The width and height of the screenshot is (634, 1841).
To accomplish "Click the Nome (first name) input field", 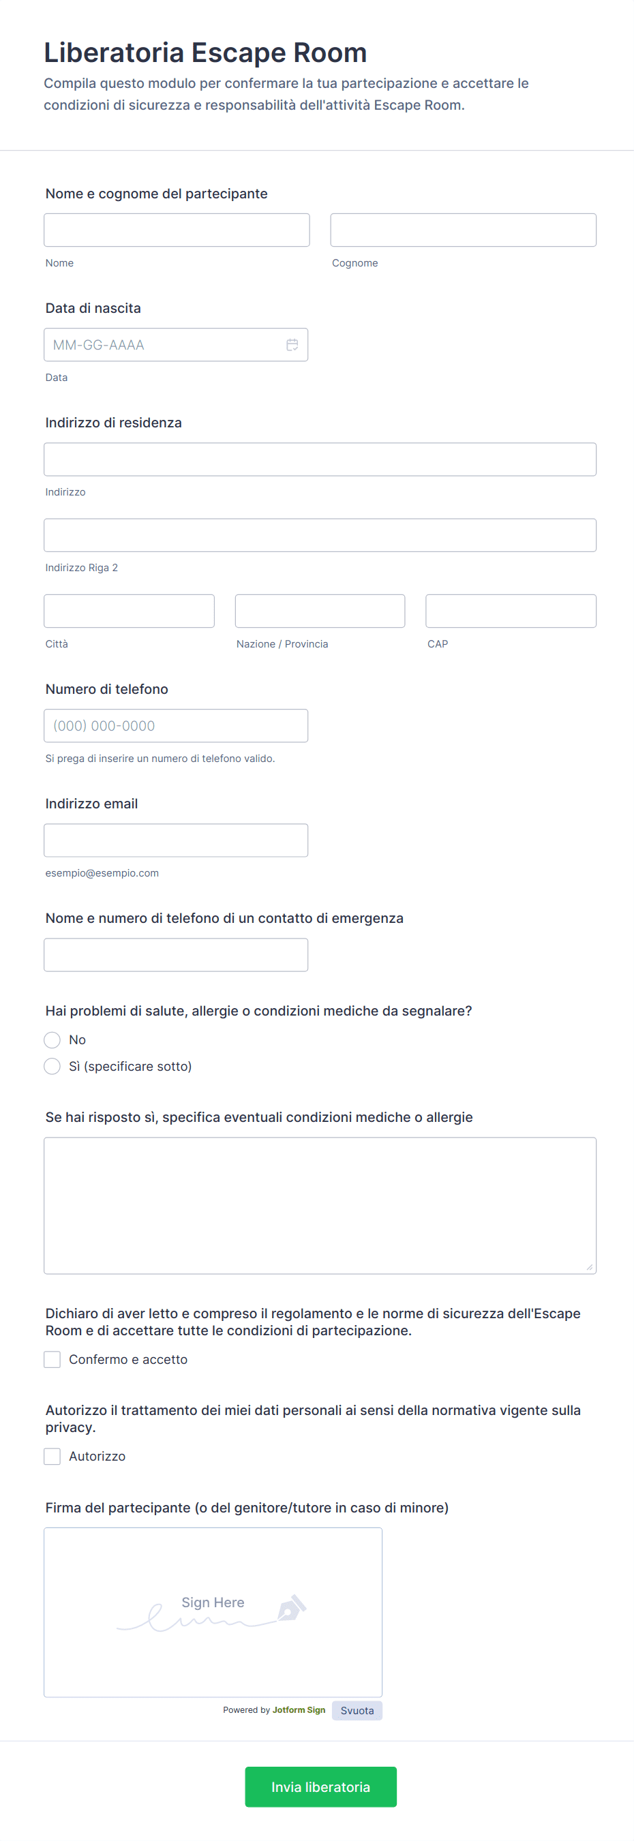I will pyautogui.click(x=177, y=230).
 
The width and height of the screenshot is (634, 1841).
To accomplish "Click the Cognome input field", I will pyautogui.click(x=462, y=230).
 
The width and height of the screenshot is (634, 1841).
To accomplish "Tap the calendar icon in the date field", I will pyautogui.click(x=292, y=345).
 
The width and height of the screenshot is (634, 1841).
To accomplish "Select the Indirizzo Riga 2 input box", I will pyautogui.click(x=320, y=535).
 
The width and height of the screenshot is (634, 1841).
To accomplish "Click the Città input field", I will pyautogui.click(x=129, y=611).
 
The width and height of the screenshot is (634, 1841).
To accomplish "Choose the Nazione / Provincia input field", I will pyautogui.click(x=320, y=611).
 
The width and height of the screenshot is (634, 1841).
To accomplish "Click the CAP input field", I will pyautogui.click(x=511, y=611).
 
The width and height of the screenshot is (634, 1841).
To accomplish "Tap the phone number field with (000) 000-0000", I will pyautogui.click(x=176, y=725).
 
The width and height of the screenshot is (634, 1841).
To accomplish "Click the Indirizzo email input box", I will pyautogui.click(x=176, y=840).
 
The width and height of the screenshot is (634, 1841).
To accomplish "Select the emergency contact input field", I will pyautogui.click(x=176, y=955).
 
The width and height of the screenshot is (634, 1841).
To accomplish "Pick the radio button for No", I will pyautogui.click(x=52, y=1040).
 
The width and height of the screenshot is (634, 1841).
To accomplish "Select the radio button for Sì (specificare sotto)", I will pyautogui.click(x=52, y=1066).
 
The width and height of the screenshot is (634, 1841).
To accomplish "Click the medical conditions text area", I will pyautogui.click(x=320, y=1205).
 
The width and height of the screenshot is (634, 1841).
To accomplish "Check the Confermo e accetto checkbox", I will pyautogui.click(x=52, y=1359).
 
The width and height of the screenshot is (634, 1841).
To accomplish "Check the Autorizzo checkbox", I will pyautogui.click(x=52, y=1457).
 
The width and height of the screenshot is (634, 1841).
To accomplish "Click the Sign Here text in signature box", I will pyautogui.click(x=212, y=1602).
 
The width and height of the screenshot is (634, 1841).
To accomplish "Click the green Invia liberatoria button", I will pyautogui.click(x=320, y=1786).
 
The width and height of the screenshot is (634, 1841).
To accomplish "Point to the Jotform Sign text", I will pyautogui.click(x=299, y=1710).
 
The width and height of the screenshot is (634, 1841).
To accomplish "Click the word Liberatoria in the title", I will pyautogui.click(x=115, y=53).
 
